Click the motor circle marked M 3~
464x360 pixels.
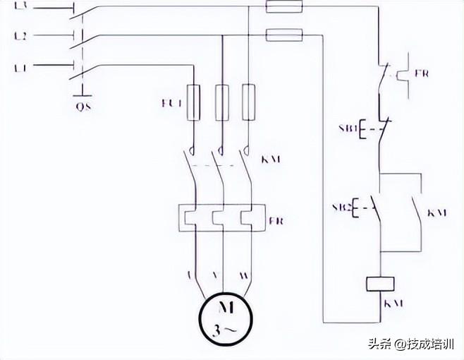click(x=224, y=318)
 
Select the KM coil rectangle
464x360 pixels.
click(x=382, y=284)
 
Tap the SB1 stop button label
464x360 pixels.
click(x=346, y=130)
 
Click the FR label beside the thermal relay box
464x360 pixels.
click(x=276, y=220)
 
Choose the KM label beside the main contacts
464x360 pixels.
click(x=271, y=160)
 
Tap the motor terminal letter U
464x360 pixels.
click(x=192, y=272)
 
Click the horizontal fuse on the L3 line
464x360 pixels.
click(x=283, y=7)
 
